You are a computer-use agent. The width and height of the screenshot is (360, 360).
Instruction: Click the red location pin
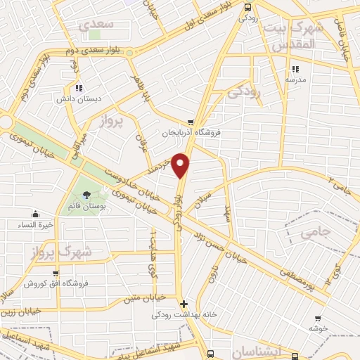point(181,165)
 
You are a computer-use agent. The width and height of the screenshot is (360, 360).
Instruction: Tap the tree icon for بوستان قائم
point(86,195)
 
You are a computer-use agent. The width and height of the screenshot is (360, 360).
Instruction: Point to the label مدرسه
point(296,80)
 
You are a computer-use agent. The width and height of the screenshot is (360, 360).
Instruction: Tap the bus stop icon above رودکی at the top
point(246,7)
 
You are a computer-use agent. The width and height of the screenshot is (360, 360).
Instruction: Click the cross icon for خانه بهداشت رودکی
point(184,304)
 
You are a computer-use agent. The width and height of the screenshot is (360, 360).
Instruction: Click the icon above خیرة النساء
point(35,214)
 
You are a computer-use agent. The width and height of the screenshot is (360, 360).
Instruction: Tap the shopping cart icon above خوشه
point(318,319)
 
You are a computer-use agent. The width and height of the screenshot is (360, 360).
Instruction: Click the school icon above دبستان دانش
point(78,88)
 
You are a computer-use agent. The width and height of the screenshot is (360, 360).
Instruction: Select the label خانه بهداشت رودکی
point(184,316)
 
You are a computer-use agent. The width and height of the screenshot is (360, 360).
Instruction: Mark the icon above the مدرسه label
point(296,69)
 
